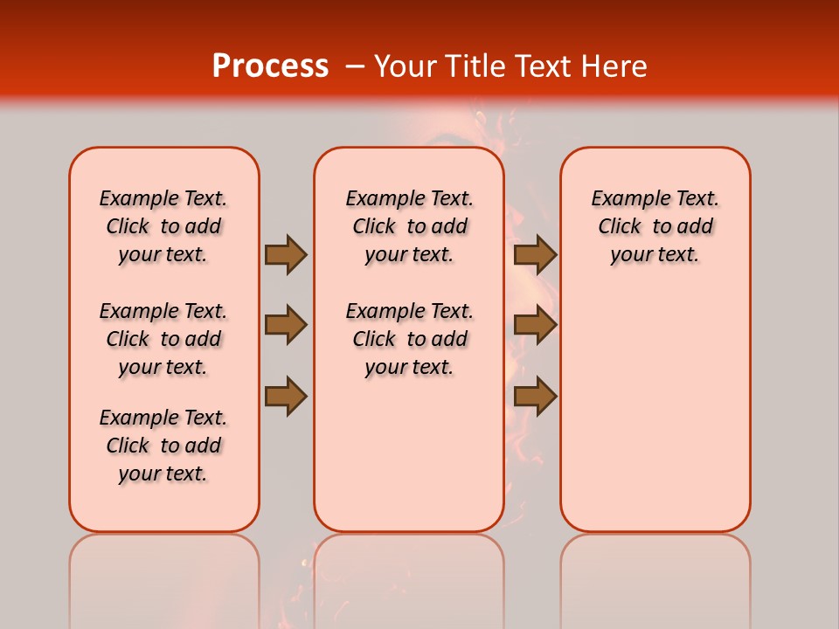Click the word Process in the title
coord(270,66)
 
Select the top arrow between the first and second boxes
coord(285,254)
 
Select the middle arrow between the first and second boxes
coord(285,325)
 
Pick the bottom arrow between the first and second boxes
coord(285,397)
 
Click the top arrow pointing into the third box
coord(535,254)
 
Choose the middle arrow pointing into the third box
coord(535,325)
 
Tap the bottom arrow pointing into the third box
coord(535,397)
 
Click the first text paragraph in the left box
coord(163,226)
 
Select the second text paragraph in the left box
coord(163,339)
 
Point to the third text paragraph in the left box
coord(163,446)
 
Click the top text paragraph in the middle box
coord(409,226)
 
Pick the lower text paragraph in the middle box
coord(409,339)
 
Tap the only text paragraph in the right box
coord(655,226)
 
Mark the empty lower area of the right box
coord(655,411)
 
